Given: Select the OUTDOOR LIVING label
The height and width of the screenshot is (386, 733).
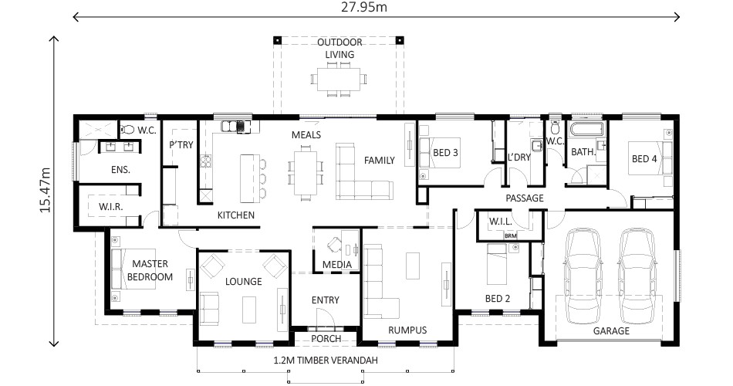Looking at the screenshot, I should (x=339, y=48).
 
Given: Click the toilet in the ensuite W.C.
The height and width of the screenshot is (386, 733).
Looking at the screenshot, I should (x=128, y=130).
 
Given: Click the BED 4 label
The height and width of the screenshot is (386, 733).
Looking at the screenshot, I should (x=644, y=159).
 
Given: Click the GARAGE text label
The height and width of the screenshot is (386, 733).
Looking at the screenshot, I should (x=611, y=330).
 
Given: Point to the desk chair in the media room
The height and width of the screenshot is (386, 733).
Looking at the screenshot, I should (x=334, y=245).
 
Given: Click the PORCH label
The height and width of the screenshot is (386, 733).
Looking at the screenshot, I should (x=326, y=338).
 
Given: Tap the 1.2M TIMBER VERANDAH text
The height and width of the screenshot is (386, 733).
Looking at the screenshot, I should (x=325, y=361).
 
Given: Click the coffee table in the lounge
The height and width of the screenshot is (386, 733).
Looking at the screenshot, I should (x=248, y=310).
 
